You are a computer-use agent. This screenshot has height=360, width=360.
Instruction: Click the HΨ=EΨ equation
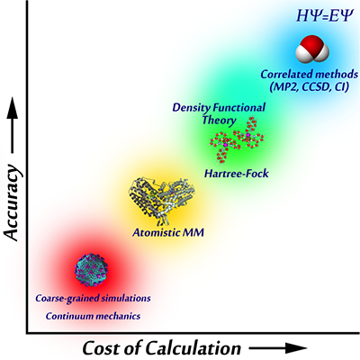point(323,16)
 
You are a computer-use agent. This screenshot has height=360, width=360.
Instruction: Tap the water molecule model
point(312,50)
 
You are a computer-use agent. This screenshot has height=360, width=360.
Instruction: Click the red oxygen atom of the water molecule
point(312,44)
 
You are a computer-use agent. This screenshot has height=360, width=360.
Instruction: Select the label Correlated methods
point(310,74)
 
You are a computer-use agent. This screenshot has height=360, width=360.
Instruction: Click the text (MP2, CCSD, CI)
point(309,87)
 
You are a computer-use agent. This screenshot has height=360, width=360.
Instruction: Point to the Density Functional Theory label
point(219,113)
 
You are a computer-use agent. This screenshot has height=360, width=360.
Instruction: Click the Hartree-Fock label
point(237,174)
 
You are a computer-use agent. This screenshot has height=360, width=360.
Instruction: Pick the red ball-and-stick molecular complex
point(237,139)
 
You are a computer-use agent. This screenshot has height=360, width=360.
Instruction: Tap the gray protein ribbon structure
point(162,200)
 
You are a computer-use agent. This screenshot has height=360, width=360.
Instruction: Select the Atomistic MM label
point(168,233)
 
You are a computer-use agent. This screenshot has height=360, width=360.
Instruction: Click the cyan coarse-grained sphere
point(91,270)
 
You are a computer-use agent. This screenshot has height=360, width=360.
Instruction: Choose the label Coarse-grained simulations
point(93,299)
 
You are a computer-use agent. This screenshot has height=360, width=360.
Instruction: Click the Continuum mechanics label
point(93,316)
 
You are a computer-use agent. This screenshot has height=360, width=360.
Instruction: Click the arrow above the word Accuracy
point(13,125)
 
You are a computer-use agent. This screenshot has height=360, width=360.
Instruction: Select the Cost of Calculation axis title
point(162,348)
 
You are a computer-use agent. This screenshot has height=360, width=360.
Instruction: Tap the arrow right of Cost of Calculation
point(278,348)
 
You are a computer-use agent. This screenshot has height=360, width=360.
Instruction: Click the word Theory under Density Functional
point(219,121)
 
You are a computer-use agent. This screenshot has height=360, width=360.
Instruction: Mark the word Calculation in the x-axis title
point(193,348)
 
